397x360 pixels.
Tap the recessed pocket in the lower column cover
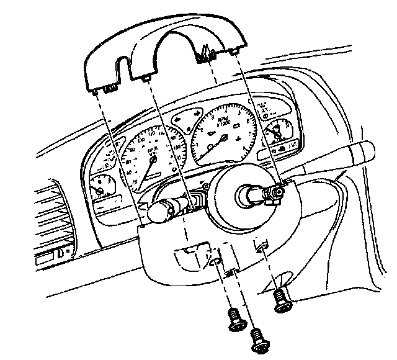[x=192, y=255]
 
